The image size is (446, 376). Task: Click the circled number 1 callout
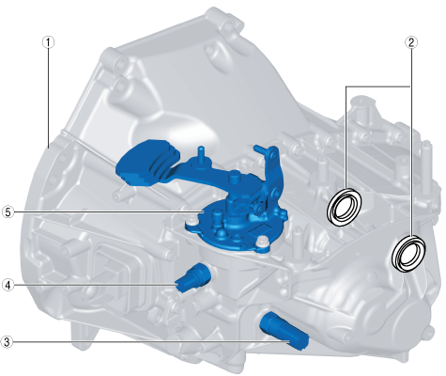click(x=48, y=42)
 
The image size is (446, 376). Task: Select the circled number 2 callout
click(x=411, y=42)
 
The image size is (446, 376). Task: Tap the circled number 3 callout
click(x=7, y=342)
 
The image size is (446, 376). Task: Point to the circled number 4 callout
click(x=8, y=285)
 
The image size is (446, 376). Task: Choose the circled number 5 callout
click(x=8, y=212)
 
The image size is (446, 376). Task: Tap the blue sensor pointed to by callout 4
click(x=192, y=276)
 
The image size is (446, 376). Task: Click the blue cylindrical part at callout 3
click(x=284, y=331)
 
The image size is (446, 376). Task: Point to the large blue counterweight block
click(x=146, y=163)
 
